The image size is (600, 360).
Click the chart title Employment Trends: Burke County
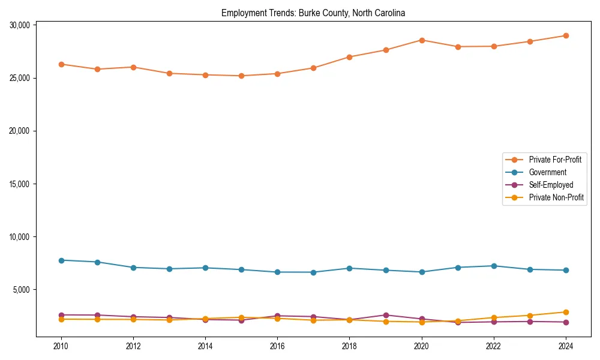(313, 13)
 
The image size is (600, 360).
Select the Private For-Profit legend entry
(555, 160)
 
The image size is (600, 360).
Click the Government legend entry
(547, 172)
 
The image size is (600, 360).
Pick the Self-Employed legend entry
(551, 185)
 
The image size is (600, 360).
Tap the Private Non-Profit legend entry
(556, 197)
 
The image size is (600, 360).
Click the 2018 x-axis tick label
(349, 346)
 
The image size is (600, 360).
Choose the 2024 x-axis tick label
(566, 346)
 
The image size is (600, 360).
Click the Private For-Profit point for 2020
(422, 40)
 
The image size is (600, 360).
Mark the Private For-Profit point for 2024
(566, 35)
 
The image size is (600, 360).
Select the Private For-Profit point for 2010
(61, 64)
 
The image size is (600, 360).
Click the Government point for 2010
(61, 260)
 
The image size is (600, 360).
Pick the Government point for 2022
(494, 266)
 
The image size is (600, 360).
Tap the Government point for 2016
(277, 272)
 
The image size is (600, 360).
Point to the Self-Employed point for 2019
(386, 315)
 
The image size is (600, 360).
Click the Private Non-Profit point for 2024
(566, 312)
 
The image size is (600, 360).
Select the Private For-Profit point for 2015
(241, 76)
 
